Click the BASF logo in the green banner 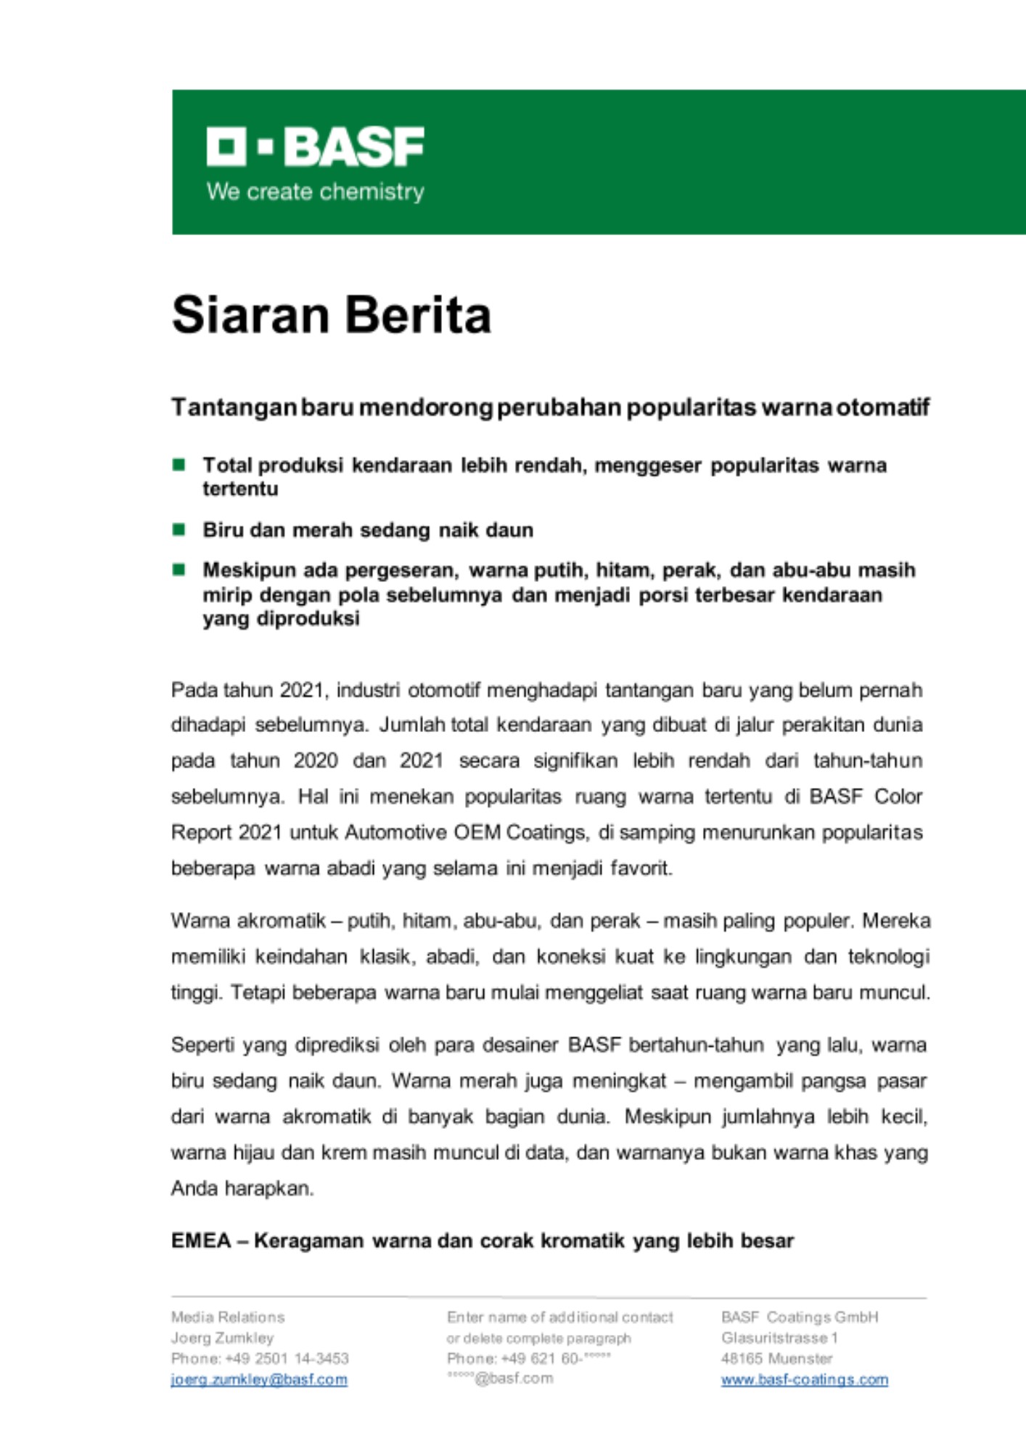[315, 147]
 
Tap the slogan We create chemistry [315, 192]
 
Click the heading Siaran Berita [332, 315]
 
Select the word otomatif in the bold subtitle [883, 408]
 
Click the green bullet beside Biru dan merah [178, 530]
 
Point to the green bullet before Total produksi [178, 464]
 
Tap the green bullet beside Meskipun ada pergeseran [178, 570]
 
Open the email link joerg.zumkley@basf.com [259, 1380]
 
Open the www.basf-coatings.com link [804, 1380]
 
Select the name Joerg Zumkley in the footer [222, 1338]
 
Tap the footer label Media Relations [228, 1317]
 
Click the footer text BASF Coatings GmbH [800, 1317]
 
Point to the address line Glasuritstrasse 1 [779, 1338]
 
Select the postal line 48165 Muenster [776, 1359]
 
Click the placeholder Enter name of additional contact [559, 1317]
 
